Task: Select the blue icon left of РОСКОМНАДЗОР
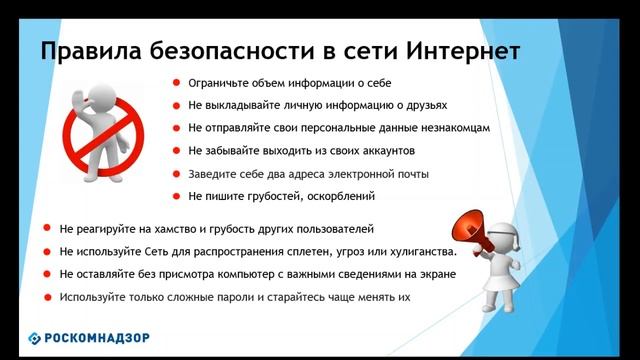point(35,337)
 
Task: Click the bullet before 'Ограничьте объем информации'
point(175,83)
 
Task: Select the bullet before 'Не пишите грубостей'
point(175,197)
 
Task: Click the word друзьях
point(424,105)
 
